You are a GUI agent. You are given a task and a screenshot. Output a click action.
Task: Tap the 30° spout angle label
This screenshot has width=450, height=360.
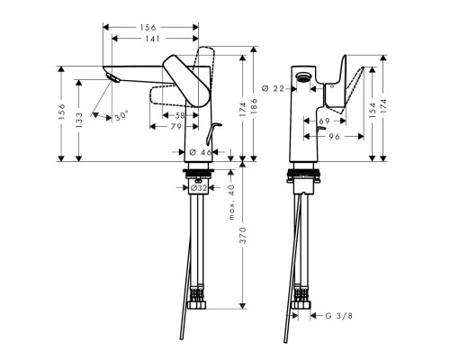click(x=121, y=116)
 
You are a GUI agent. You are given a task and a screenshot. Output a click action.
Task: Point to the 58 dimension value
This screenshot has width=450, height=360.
click(x=181, y=117)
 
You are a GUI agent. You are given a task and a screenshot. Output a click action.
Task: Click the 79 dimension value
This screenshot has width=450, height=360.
click(x=176, y=128)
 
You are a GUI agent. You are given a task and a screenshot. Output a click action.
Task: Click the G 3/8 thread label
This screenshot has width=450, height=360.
click(x=337, y=316)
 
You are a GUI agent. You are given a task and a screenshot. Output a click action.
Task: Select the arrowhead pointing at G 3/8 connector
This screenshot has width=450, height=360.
click(x=312, y=316)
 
